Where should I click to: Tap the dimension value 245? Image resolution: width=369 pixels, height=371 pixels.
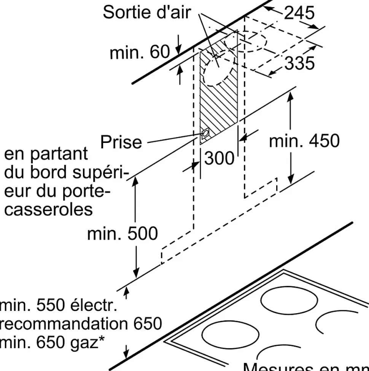click(299, 13)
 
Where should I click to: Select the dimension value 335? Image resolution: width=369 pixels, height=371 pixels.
click(299, 63)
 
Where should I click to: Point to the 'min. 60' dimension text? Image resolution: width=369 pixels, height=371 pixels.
click(139, 52)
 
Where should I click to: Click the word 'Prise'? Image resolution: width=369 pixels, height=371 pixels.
click(121, 142)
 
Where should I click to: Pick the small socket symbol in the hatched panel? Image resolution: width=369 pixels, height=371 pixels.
click(205, 133)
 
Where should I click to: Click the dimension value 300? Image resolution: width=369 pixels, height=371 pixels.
click(219, 158)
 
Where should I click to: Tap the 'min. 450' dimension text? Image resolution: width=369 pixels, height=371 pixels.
click(304, 141)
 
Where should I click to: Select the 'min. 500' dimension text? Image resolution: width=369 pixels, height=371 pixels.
click(122, 233)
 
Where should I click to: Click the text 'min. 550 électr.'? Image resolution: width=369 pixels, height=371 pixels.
click(57, 305)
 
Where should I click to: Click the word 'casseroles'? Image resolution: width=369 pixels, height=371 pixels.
click(48, 209)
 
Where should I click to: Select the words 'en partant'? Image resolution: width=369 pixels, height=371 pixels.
click(46, 155)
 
